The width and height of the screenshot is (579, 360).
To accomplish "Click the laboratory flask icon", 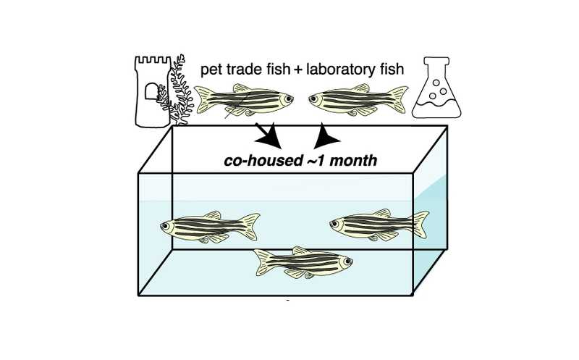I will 435,91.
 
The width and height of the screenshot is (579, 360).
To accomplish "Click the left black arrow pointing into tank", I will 267,133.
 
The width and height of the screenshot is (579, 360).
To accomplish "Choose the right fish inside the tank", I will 376,225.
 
